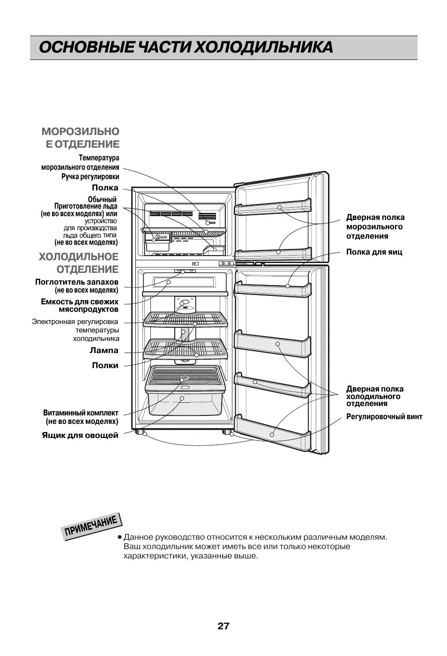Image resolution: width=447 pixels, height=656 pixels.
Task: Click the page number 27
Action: pos(223,626)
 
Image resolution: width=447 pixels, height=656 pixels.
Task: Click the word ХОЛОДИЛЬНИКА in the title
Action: pos(264,48)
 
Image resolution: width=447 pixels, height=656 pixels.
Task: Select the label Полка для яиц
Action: pos(374,252)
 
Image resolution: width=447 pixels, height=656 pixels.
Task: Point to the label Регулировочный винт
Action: pos(384,417)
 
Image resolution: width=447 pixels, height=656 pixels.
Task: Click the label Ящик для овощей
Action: pos(80,436)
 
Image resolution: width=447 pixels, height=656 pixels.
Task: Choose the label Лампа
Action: pos(104,351)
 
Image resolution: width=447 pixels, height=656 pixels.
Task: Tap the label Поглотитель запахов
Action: pos(77,282)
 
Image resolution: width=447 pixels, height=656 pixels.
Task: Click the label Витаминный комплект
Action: pos(81,413)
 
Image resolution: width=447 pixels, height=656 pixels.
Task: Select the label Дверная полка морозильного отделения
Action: pos(375,226)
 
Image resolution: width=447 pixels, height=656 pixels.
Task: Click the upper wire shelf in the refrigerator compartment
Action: pos(185,319)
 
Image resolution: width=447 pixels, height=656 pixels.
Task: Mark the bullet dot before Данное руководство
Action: pos(120,537)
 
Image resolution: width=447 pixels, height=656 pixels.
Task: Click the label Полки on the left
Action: pos(105,366)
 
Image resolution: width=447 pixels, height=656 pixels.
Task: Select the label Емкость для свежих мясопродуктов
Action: pos(80,305)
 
